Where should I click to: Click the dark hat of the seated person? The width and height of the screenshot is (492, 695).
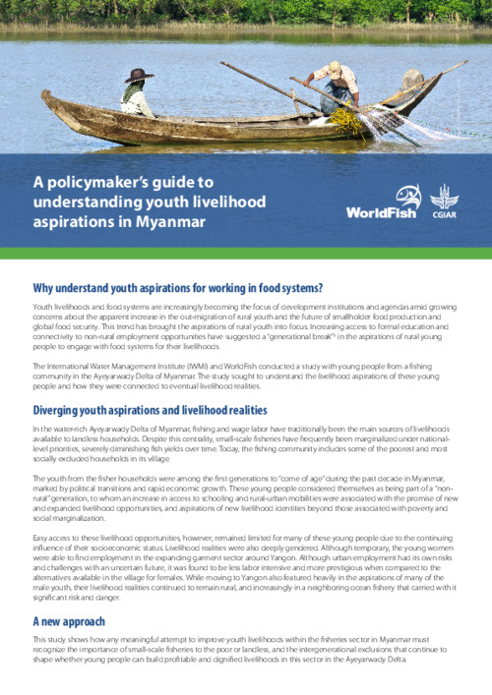[139, 75]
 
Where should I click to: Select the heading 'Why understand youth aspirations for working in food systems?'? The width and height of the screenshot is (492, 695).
[178, 287]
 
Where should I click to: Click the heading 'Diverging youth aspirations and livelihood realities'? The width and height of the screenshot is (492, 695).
[155, 410]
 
